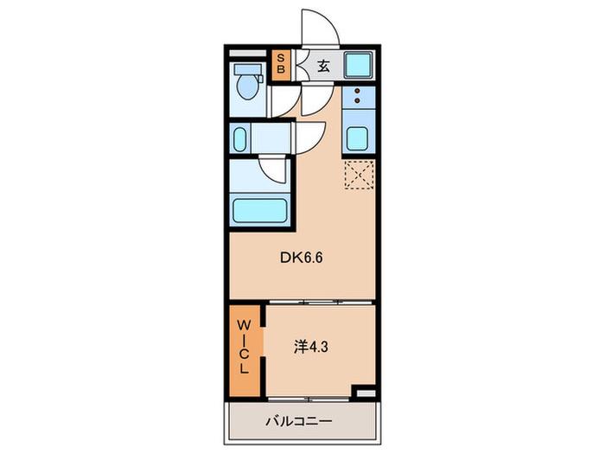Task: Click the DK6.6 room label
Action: point(301,258)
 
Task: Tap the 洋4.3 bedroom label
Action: point(311,348)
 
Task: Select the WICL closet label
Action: point(243,347)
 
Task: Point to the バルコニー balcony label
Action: point(299,420)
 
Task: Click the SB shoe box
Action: point(281,64)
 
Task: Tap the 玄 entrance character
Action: point(323,67)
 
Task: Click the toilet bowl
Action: point(247,86)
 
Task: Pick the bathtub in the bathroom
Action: point(259,211)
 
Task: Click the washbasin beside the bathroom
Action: point(239,138)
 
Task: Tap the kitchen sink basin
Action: point(357,138)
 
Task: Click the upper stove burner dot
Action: point(357,92)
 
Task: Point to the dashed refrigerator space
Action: point(360,175)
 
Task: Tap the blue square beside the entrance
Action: point(358,65)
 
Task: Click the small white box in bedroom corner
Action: point(366,393)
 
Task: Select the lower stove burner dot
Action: point(357,101)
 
